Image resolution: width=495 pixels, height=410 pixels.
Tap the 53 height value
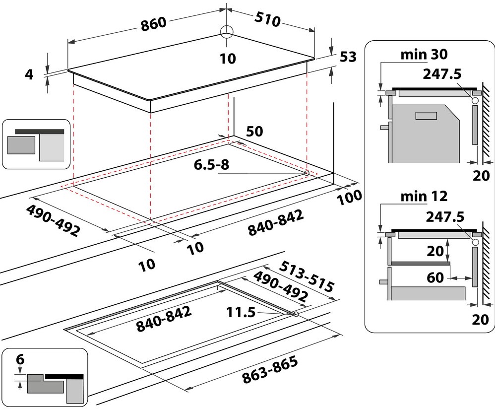click(x=348, y=57)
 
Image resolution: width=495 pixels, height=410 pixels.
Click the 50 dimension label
click(x=254, y=131)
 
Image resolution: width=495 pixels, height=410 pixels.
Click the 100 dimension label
click(x=350, y=198)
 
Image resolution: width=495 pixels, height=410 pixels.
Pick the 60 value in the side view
click(x=435, y=277)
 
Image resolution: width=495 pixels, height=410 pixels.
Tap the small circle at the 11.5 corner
click(x=296, y=314)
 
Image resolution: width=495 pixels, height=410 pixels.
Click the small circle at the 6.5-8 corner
click(x=307, y=173)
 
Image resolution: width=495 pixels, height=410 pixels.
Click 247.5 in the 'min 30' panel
click(x=443, y=74)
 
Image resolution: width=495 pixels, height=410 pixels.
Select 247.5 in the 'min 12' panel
click(x=444, y=217)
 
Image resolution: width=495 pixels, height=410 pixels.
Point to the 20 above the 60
click(x=435, y=251)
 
